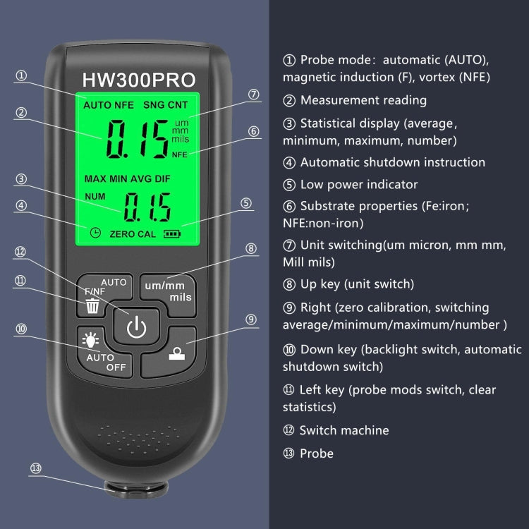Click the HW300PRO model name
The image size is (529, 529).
pos(139,78)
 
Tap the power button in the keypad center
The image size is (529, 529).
pos(135,327)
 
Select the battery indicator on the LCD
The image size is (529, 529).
pos(172,233)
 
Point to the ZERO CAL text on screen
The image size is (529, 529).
pos(133,233)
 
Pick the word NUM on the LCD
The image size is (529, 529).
pos(95,195)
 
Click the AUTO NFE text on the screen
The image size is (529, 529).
pos(109,105)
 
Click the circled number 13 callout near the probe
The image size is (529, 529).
pos(35,468)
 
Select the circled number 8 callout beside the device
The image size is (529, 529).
pos(250,248)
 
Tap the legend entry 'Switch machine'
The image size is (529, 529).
pos(343,430)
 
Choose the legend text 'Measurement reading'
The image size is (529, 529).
pos(363,100)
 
